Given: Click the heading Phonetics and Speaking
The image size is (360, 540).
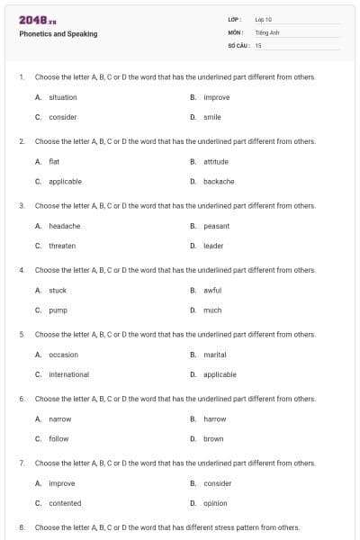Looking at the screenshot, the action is [x=58, y=34].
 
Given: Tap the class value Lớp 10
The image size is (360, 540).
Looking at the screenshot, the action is [x=264, y=19].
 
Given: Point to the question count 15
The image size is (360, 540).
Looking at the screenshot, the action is [x=258, y=44].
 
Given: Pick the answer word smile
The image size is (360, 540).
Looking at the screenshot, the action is [x=212, y=117].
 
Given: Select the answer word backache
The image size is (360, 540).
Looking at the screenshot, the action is [x=219, y=181].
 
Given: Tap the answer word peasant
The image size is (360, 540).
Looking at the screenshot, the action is [x=216, y=226].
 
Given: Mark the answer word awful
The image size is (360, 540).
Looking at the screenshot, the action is [x=212, y=291].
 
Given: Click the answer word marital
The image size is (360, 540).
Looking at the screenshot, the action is [x=215, y=355].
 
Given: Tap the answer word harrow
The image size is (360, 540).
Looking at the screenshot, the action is [x=215, y=418].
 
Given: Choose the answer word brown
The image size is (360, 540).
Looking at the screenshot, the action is [x=213, y=438].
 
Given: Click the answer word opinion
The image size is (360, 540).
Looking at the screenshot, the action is [x=215, y=503].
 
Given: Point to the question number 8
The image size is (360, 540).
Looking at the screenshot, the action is [x=21, y=527].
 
